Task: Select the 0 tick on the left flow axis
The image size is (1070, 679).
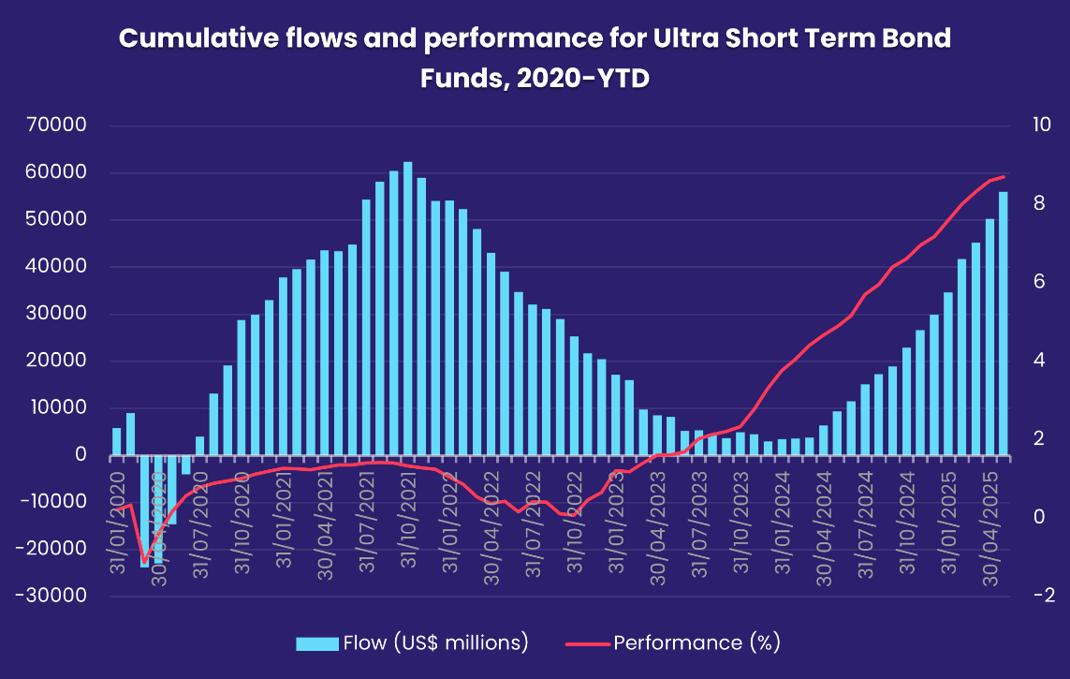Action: [x=81, y=454]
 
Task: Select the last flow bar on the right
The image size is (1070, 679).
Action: [x=1004, y=323]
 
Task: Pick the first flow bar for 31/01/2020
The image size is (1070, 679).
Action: [x=117, y=441]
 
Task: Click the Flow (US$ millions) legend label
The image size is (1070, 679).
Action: [x=436, y=643]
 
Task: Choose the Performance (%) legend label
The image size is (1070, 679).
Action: [x=696, y=643]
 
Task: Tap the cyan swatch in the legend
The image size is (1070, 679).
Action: [x=316, y=643]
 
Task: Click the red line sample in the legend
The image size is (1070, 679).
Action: [x=587, y=643]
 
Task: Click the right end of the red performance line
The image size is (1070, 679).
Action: [x=1004, y=176]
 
